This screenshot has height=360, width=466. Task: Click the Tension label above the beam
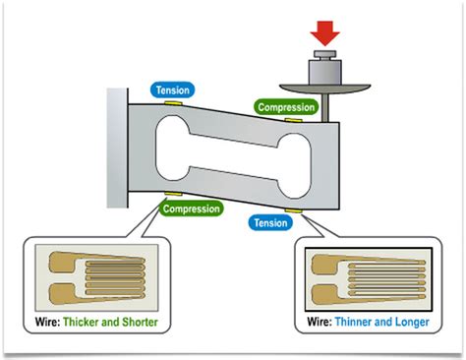(x=177, y=89)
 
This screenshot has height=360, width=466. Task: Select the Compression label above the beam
(x=286, y=105)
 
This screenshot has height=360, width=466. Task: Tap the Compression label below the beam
(x=190, y=208)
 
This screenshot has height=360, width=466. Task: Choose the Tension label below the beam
(x=271, y=222)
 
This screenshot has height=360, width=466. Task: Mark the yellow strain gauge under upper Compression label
(x=292, y=119)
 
